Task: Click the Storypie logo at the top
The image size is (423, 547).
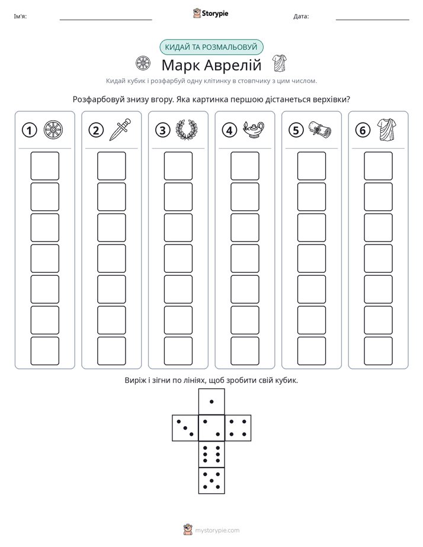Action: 211,14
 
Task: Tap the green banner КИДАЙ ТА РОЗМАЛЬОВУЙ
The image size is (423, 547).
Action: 211,47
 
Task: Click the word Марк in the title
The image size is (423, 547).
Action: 181,65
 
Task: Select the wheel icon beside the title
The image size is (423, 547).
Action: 143,63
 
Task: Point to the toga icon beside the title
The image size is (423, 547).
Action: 279,63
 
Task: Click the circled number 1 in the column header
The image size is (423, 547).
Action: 29,130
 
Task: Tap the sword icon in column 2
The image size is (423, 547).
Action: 120,130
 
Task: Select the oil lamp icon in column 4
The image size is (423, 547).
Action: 254,130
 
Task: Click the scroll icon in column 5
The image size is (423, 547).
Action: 320,130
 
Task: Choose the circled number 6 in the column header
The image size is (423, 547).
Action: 363,130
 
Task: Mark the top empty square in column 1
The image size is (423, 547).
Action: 44,166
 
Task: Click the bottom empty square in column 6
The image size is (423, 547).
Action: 379,351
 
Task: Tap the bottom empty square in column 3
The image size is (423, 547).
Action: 178,351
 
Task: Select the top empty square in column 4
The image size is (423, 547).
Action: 245,166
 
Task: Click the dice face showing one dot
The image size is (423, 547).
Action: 211,401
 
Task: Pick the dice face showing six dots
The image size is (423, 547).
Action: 211,455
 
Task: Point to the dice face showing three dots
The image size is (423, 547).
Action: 185,428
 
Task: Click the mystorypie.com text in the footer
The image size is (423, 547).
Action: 217,530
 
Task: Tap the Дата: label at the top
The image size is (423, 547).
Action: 301,17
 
